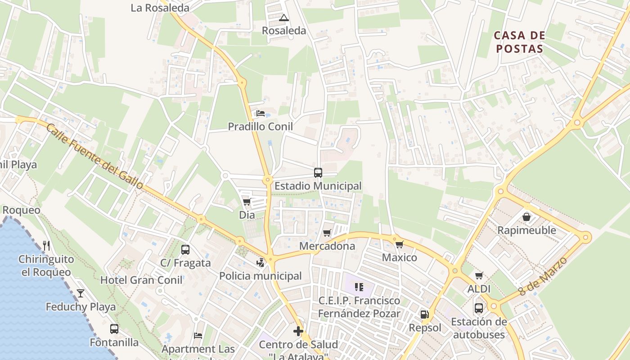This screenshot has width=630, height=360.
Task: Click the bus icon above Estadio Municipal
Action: tap(318, 172)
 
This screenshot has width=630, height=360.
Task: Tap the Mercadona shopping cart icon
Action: tap(327, 233)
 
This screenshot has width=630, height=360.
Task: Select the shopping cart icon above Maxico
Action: tap(399, 244)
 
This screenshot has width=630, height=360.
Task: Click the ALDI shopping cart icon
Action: tap(479, 275)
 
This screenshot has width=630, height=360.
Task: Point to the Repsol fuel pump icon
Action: tap(424, 315)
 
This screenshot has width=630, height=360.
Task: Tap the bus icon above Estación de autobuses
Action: tap(479, 308)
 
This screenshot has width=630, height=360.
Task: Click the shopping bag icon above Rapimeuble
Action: tap(526, 217)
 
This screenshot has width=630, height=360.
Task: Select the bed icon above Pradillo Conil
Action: tap(260, 113)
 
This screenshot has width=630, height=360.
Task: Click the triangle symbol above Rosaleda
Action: tap(283, 18)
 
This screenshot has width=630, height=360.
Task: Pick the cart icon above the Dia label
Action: tap(247, 202)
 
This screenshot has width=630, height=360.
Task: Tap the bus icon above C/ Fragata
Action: tap(185, 249)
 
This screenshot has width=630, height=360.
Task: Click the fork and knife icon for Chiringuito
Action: tap(46, 245)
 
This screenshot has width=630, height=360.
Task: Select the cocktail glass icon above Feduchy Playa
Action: tap(81, 293)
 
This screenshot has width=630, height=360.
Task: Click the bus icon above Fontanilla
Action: tap(114, 329)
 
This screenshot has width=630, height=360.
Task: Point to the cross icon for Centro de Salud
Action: tap(298, 332)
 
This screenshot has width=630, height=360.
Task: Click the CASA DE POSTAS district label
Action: tap(519, 42)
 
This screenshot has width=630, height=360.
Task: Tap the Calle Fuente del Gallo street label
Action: tap(95, 156)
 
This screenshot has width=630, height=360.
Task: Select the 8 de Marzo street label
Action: tap(543, 276)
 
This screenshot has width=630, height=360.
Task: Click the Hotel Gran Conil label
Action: tap(141, 280)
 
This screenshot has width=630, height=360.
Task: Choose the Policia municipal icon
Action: tap(260, 262)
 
